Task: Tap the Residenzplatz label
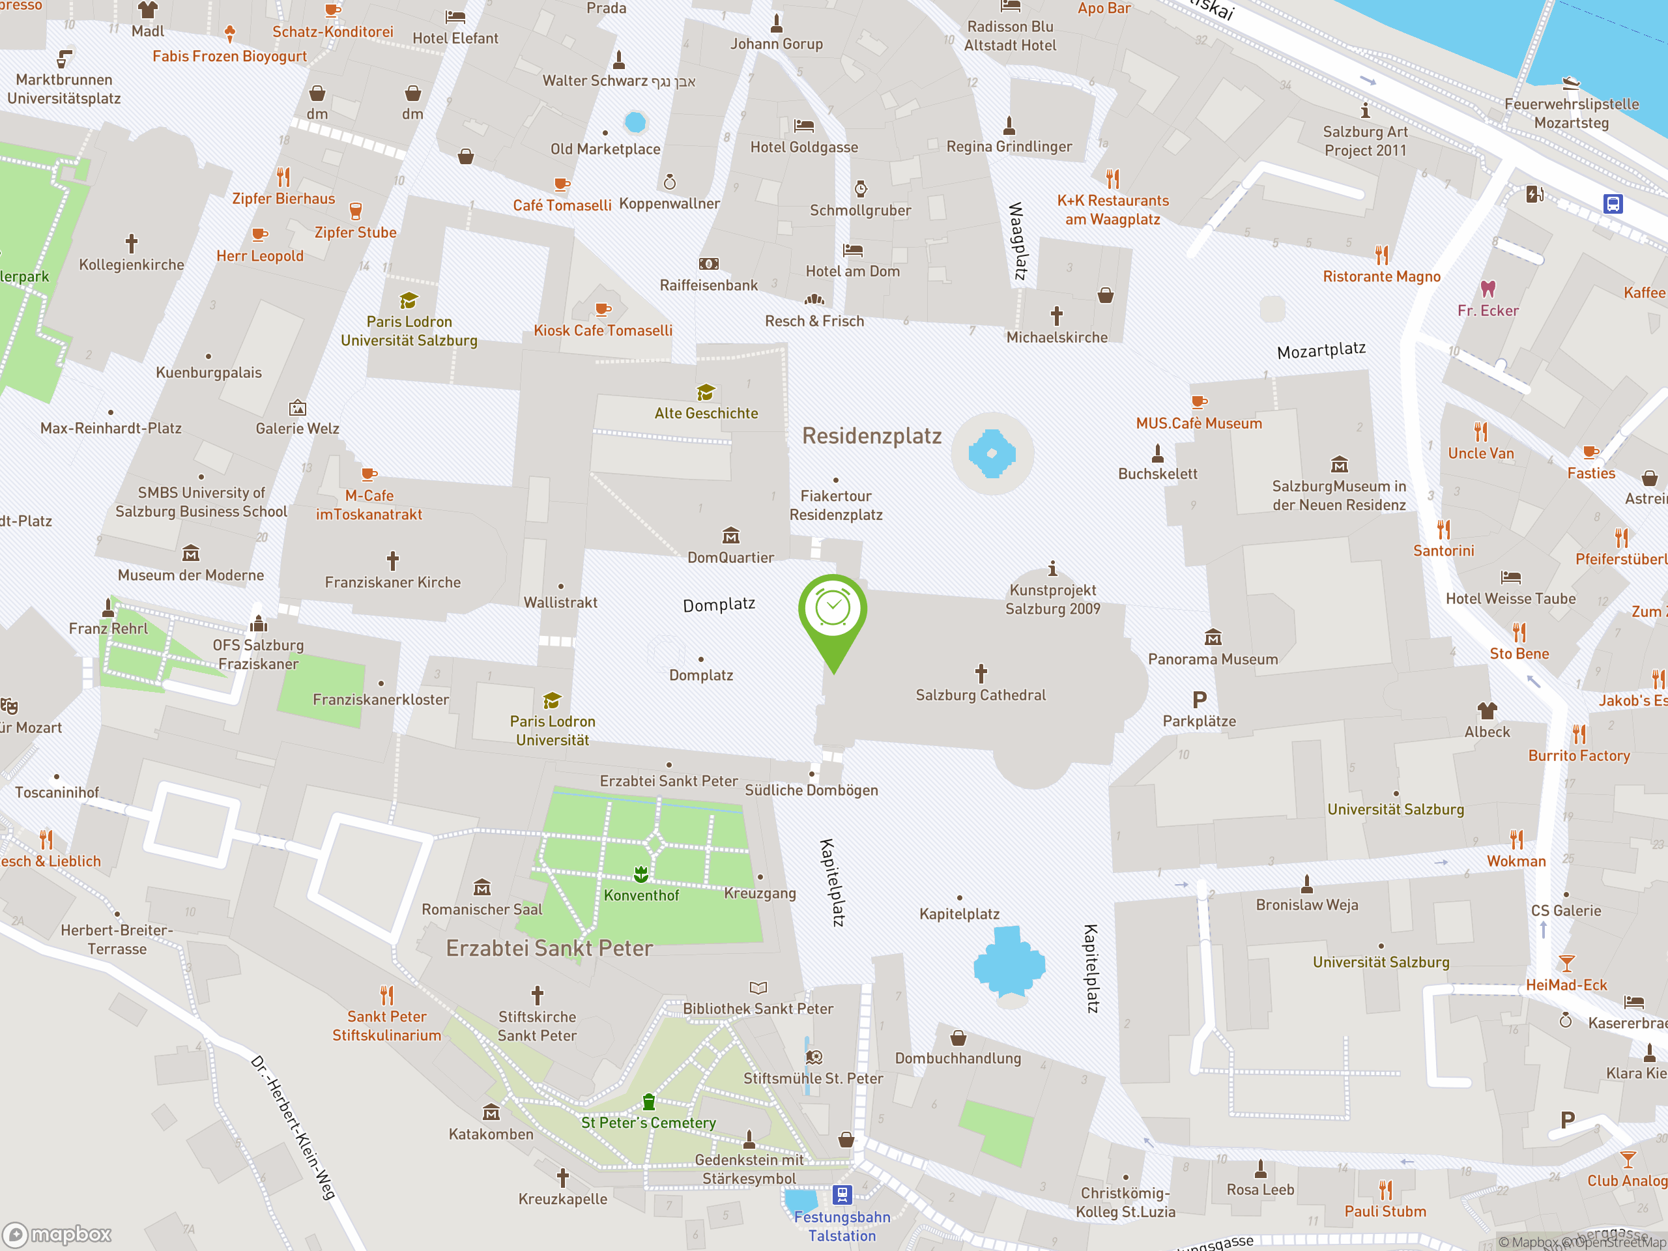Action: [871, 436]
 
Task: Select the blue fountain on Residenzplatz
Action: [992, 453]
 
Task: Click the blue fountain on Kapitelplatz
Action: [1009, 964]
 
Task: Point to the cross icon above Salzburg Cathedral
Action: [981, 672]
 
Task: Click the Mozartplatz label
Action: [1321, 350]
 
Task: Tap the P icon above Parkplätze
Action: [1199, 700]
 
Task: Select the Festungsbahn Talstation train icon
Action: [842, 1194]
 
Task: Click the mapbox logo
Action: [57, 1235]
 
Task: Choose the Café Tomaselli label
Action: [562, 205]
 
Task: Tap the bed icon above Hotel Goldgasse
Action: [804, 125]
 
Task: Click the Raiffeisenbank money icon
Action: [708, 264]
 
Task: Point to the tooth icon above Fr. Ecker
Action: [1487, 289]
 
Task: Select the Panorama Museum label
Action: [1213, 659]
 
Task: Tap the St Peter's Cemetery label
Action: [648, 1123]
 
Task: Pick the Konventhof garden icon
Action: [641, 874]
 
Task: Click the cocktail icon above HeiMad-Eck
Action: [1566, 963]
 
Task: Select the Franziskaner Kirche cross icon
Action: [392, 560]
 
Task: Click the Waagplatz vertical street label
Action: [1017, 240]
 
